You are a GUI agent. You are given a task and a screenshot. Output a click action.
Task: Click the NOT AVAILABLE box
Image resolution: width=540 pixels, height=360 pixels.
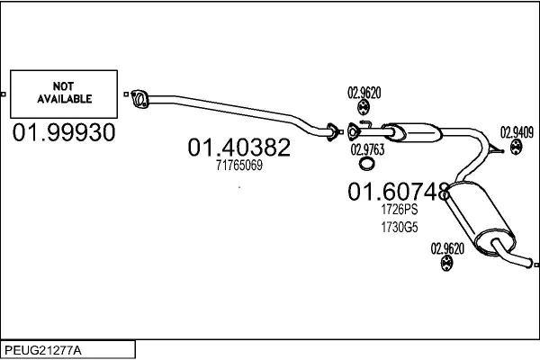point(63,94)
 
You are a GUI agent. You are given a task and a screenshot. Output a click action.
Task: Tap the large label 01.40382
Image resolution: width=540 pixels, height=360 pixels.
point(238,147)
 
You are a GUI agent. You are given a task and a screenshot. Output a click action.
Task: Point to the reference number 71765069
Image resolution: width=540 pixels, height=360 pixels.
point(238,166)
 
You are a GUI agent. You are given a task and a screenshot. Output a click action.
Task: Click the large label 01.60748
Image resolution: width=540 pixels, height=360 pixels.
point(399,191)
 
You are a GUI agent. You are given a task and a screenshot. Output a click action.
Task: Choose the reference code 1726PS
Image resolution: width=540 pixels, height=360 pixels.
point(399,208)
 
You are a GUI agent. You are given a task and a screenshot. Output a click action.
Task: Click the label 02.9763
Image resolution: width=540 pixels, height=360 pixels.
point(366,149)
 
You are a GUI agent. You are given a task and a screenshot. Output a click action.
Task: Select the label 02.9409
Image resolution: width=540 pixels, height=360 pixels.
point(517,130)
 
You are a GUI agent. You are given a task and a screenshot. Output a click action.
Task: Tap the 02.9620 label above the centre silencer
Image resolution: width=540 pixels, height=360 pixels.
point(364,92)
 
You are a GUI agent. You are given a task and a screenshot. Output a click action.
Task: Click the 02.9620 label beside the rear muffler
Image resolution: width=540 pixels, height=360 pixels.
point(447,248)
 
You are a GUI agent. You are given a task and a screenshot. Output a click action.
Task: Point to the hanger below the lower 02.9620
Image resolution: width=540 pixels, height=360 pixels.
point(447,264)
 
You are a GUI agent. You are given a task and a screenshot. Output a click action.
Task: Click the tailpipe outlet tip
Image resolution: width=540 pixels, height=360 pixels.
point(532,264)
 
